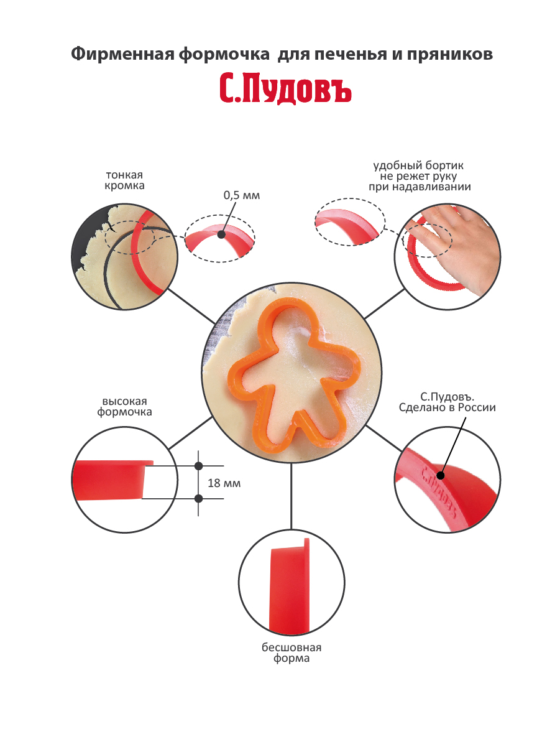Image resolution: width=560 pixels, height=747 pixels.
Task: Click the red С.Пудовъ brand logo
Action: coord(285,90)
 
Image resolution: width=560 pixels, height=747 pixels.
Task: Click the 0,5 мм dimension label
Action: coord(241,195)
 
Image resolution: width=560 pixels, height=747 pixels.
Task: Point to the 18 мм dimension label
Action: coord(224,483)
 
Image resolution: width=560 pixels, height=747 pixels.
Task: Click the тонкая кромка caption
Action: coord(124,180)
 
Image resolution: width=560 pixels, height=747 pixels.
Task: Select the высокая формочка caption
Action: coord(124,406)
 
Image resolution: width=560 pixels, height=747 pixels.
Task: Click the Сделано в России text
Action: coord(447,407)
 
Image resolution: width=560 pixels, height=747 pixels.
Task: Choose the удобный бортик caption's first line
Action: coord(418,165)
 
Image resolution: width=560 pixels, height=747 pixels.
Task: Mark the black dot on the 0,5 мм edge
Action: coord(221,234)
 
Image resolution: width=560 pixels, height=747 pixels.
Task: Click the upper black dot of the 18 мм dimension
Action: coord(199,466)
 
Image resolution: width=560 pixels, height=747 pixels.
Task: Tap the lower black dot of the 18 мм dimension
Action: coord(199,499)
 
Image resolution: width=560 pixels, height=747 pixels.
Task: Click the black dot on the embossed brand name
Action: coord(441,475)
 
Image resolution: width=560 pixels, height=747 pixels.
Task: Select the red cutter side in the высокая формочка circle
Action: coord(109,480)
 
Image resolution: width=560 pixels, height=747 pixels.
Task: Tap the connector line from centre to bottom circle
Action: coord(291,496)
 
